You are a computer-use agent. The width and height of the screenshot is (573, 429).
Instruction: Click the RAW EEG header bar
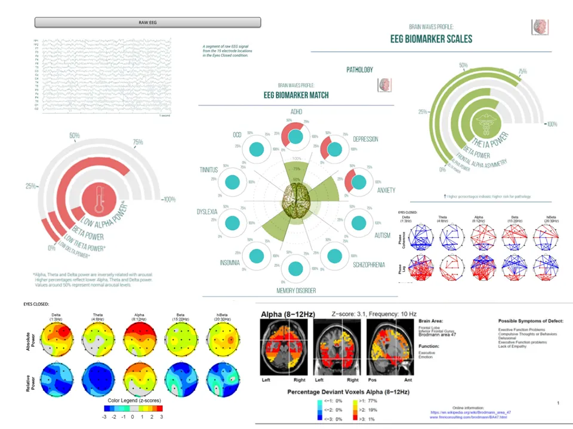click(x=148, y=23)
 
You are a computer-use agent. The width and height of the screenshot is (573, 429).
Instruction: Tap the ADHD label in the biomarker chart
click(x=297, y=112)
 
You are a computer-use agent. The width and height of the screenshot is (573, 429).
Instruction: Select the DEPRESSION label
click(x=365, y=139)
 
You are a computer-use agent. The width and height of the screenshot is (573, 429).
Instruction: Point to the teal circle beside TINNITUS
click(x=233, y=183)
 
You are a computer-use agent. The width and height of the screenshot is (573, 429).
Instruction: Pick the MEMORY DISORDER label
click(x=296, y=290)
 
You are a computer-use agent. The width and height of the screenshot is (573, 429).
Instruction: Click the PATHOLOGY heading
click(x=360, y=70)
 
